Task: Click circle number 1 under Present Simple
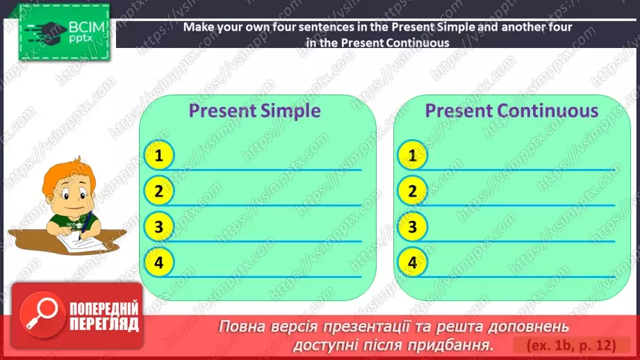159,156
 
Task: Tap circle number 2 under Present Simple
159,191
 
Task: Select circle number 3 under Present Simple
159,227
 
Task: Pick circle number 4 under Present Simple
159,262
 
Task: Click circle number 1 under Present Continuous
413,156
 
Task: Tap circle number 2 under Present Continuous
413,191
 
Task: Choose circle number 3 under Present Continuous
413,227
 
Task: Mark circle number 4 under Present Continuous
413,262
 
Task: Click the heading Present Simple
255,111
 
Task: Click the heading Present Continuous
511,111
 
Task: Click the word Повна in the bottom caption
247,326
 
